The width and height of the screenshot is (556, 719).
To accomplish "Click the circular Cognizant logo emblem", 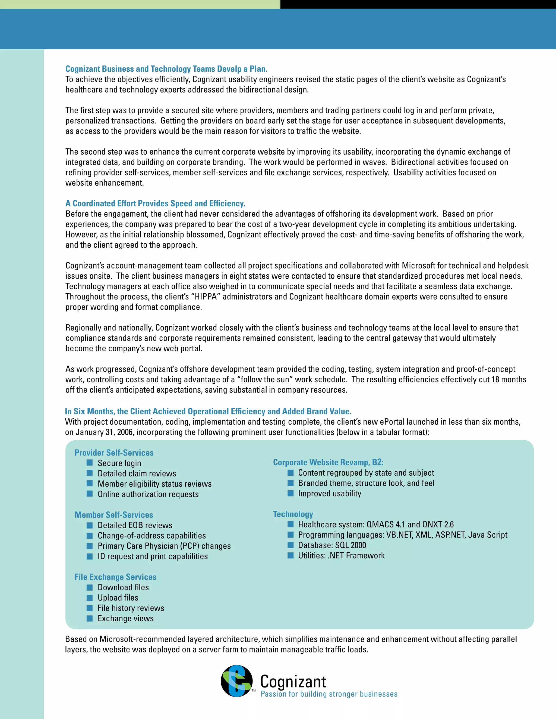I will pyautogui.click(x=236, y=681).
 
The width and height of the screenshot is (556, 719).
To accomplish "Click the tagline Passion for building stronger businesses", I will pyautogui.click(x=329, y=694).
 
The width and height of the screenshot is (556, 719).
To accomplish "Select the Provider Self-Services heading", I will pyautogui.click(x=114, y=453).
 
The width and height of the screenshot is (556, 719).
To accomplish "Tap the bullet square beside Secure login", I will pyautogui.click(x=90, y=463).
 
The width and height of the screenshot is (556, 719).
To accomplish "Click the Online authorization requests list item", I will pyautogui.click(x=148, y=494).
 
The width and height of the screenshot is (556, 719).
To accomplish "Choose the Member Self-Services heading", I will pyautogui.click(x=114, y=514).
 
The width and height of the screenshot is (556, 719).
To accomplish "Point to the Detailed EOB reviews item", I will pyautogui.click(x=135, y=525).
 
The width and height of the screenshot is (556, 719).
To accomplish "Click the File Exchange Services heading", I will pyautogui.click(x=115, y=577).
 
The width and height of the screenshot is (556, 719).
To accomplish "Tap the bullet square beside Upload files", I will pyautogui.click(x=90, y=597).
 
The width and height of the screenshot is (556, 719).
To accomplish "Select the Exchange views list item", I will pyautogui.click(x=125, y=618).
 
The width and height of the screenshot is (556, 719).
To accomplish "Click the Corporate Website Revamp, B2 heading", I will pyautogui.click(x=328, y=462).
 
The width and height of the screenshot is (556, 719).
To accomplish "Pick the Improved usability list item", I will pyautogui.click(x=329, y=493).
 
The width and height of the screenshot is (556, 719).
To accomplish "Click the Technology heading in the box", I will pyautogui.click(x=293, y=514).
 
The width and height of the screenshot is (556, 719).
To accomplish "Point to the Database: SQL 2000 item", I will pyautogui.click(x=332, y=545).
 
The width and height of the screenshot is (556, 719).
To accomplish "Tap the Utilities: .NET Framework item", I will pyautogui.click(x=341, y=555).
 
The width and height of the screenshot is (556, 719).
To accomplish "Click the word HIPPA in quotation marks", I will pyautogui.click(x=206, y=297).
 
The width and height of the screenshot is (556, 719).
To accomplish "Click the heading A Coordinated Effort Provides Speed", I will pyautogui.click(x=155, y=203).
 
